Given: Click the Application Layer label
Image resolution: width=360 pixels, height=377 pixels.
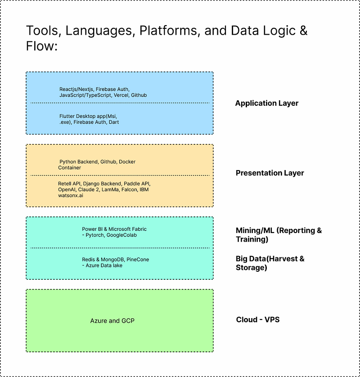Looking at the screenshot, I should pos(266,103).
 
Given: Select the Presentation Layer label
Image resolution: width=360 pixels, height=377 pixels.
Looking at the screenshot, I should pos(270,173).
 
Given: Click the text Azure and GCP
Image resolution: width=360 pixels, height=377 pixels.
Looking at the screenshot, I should pos(112,321).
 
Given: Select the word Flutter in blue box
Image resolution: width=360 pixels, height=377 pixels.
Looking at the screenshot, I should pos(68,116).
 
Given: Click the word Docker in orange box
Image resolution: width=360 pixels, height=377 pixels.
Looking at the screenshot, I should pos(127,162).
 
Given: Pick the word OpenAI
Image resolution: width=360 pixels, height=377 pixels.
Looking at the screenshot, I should pos(67,190).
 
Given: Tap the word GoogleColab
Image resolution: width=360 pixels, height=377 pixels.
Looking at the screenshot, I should pos(121,235).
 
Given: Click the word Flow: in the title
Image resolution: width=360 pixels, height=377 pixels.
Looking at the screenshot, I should pos(42,46).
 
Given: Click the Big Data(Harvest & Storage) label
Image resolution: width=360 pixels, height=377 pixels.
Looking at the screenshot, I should pos(270,263).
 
